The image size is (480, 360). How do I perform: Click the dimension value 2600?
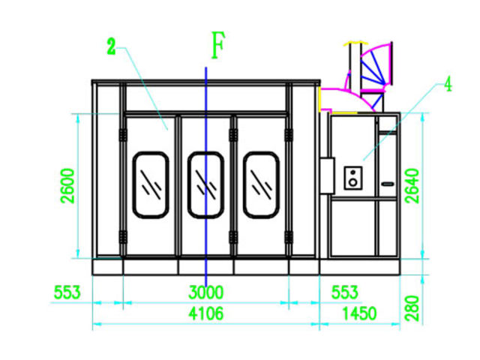point(67,186)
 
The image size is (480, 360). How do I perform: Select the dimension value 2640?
point(412,186)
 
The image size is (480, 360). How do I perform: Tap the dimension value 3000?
point(206,292)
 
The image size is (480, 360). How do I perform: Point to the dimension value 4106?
point(206,313)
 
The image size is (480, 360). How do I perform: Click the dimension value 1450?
point(359,313)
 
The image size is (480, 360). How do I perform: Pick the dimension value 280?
point(412,308)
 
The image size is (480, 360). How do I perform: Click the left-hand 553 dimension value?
point(67,292)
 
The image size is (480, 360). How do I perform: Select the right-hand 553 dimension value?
point(345,292)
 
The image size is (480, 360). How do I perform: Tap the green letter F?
point(218,45)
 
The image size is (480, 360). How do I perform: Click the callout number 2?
point(111,46)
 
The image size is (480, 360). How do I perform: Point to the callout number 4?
point(448,84)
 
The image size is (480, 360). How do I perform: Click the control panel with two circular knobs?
point(353,178)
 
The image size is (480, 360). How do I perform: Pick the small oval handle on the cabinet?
point(388,184)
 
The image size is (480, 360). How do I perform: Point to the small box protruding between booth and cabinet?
point(327,175)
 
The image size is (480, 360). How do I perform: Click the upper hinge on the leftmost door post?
point(123,135)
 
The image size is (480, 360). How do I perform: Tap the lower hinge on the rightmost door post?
point(289,238)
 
